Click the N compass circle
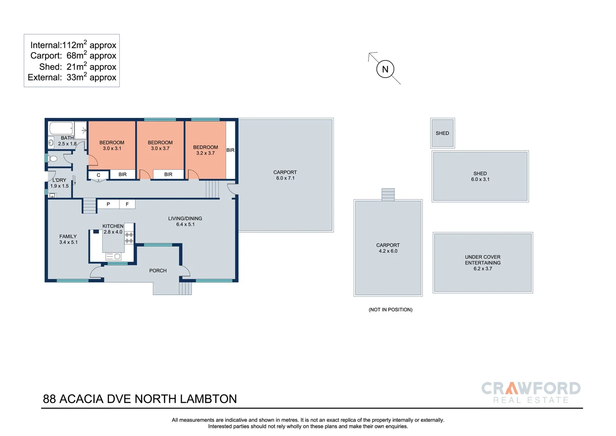click(385, 69)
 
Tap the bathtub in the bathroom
click(61, 128)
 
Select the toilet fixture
click(53, 159)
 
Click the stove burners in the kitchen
click(129, 238)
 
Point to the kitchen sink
click(113, 256)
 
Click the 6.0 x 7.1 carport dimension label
click(285, 178)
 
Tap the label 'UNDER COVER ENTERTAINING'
click(483, 260)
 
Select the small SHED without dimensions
click(442, 133)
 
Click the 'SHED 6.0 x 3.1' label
click(480, 176)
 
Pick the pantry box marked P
click(108, 204)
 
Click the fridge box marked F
click(127, 204)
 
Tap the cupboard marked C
click(98, 175)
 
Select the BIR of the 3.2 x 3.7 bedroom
click(230, 150)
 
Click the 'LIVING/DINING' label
click(185, 219)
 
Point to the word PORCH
click(158, 271)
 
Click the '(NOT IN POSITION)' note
click(390, 310)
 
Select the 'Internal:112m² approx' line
click(73, 45)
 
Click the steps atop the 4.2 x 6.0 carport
click(388, 195)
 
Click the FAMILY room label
click(68, 237)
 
